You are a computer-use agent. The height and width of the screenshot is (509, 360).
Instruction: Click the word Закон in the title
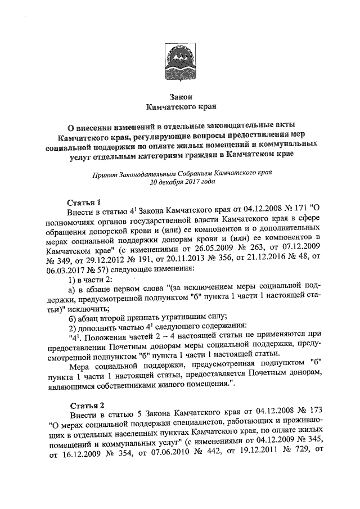click(180, 96)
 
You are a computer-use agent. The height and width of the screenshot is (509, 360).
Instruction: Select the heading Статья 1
click(83, 202)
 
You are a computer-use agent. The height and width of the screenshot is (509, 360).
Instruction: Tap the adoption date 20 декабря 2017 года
click(180, 182)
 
